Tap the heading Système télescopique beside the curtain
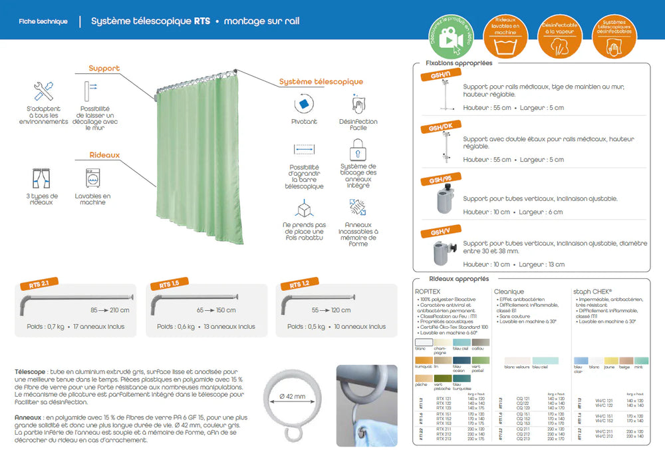(x=321, y=82)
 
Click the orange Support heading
(x=104, y=68)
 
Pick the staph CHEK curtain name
(x=593, y=292)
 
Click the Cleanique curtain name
(x=509, y=292)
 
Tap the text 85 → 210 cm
(x=110, y=310)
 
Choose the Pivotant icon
(x=304, y=104)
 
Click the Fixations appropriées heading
(x=459, y=63)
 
